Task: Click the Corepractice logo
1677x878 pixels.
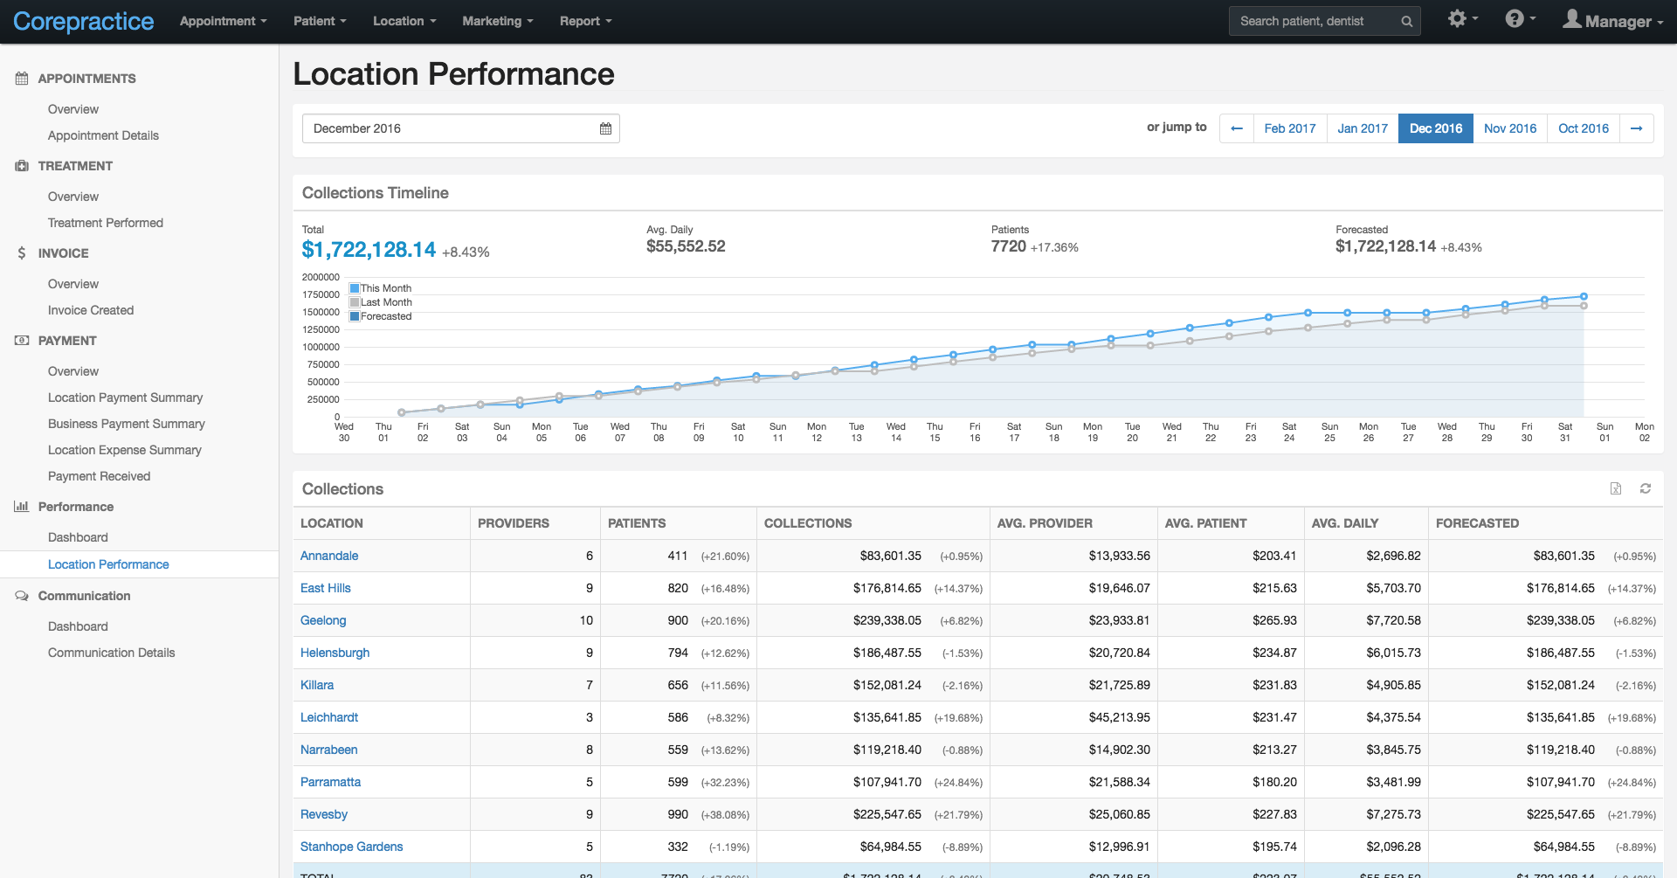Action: coord(83,21)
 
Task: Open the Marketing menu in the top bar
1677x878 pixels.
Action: coord(496,21)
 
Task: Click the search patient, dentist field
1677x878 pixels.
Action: coord(1315,21)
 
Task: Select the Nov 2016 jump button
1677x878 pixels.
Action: coord(1509,128)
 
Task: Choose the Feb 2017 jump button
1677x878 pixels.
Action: coord(1289,128)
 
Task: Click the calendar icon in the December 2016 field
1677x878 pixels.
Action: coord(605,128)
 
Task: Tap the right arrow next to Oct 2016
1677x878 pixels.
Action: coord(1636,128)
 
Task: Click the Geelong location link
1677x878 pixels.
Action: coord(323,620)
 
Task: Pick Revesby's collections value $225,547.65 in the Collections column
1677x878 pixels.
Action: coord(887,814)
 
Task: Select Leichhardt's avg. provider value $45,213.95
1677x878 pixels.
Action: coord(1119,717)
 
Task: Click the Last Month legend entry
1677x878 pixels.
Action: coord(385,302)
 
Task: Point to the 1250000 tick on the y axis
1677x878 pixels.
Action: coord(321,329)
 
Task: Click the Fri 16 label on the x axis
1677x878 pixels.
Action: coord(974,432)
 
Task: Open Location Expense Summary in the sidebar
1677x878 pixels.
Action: coord(124,450)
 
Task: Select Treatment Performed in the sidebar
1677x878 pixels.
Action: coord(105,223)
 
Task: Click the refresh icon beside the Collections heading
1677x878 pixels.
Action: coord(1645,488)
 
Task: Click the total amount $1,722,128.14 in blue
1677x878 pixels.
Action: coord(368,250)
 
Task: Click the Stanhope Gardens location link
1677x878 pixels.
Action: coord(351,847)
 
